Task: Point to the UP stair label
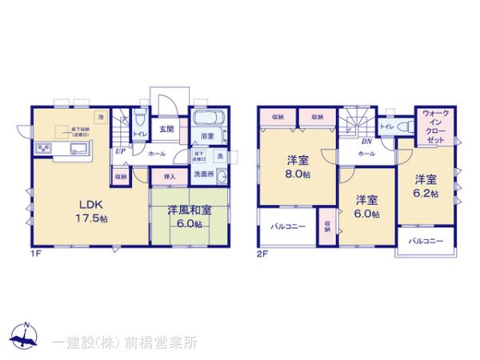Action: (x=120, y=151)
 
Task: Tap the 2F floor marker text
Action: (x=262, y=254)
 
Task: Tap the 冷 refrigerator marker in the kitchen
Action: (x=101, y=118)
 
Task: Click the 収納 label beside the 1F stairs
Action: (x=120, y=176)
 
